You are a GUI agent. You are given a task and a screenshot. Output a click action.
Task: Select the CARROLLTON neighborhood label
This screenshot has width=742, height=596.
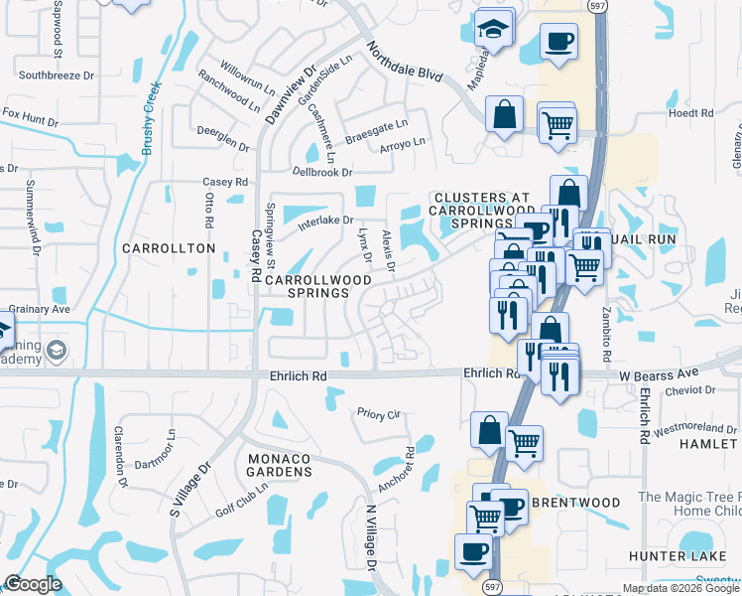coord(169,247)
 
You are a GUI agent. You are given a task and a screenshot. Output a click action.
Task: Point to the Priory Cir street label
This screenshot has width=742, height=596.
coord(377,410)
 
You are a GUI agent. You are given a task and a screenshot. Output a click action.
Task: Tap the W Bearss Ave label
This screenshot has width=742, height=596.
coord(653,373)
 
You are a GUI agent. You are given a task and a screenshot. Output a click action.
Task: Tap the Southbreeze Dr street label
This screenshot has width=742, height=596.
coord(56,74)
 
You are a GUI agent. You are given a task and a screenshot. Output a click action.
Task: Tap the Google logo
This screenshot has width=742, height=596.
coord(33,584)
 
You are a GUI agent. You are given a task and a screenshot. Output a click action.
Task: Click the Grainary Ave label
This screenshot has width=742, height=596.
coord(40,309)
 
